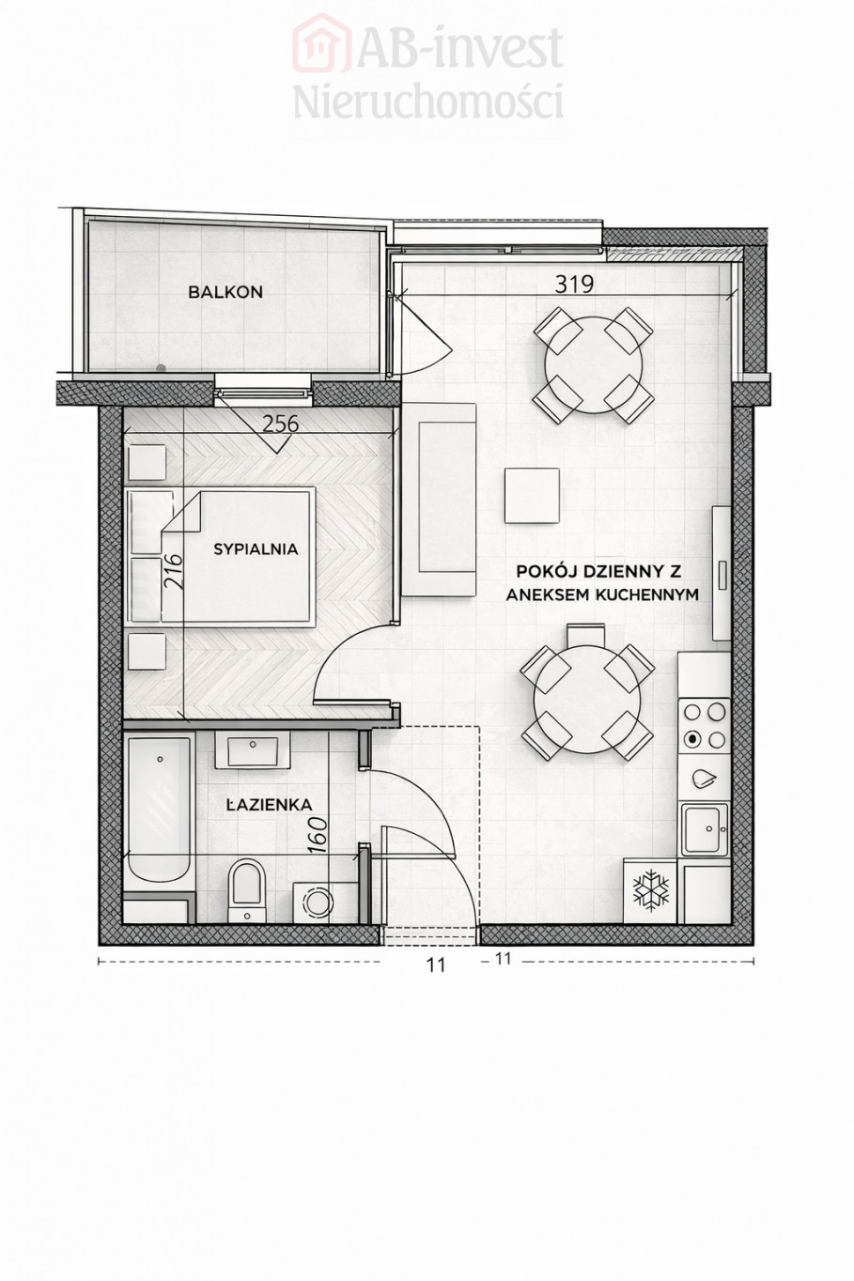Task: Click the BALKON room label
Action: coord(225,292)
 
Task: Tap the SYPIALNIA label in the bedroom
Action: coord(256,549)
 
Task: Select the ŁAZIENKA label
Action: coord(270,805)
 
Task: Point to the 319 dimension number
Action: coord(574,285)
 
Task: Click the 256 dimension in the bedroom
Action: coord(280,424)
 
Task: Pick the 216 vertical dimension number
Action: coord(174,571)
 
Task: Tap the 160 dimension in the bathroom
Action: coord(319,836)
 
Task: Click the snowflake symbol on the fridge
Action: coord(651,891)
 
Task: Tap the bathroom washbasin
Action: coord(252,751)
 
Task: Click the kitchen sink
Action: coord(705,828)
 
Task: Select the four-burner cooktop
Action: coord(704,726)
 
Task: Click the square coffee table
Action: coord(532,495)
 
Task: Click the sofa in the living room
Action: coord(439,500)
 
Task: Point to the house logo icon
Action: coord(321,43)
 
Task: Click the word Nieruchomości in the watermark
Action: coord(428,101)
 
